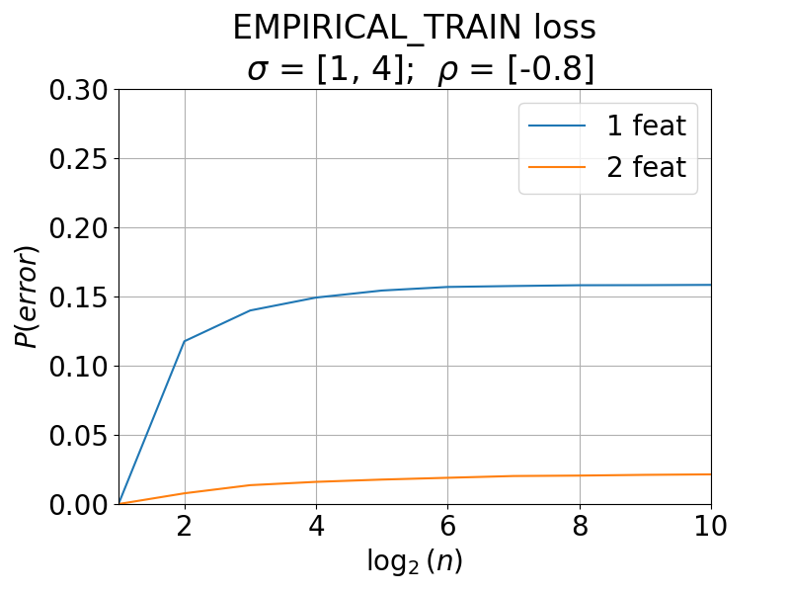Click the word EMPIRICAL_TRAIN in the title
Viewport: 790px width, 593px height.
tap(377, 28)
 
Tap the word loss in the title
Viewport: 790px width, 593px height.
tap(565, 28)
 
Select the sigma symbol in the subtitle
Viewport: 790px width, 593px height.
tap(257, 69)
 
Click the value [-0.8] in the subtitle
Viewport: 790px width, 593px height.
tap(551, 68)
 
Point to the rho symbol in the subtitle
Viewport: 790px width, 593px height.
tap(447, 71)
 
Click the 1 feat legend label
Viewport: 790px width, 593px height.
tap(647, 126)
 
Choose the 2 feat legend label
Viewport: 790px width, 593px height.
tap(647, 167)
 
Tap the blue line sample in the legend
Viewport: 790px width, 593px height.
tap(557, 126)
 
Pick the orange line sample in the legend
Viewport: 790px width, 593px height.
tap(557, 167)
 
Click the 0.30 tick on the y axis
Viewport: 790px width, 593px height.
tap(79, 90)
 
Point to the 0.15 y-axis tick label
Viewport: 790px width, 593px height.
tap(79, 297)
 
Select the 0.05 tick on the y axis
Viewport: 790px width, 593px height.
tap(79, 436)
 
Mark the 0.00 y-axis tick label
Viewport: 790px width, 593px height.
tap(79, 505)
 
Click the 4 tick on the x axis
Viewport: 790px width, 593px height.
tap(316, 526)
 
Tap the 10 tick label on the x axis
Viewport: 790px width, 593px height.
tap(710, 526)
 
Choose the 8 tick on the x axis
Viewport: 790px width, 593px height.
tap(580, 526)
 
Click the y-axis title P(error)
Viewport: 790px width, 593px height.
tap(27, 297)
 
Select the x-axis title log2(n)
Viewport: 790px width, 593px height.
tap(415, 561)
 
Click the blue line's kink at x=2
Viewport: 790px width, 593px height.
tap(185, 341)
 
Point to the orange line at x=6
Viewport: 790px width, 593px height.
tap(448, 477)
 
